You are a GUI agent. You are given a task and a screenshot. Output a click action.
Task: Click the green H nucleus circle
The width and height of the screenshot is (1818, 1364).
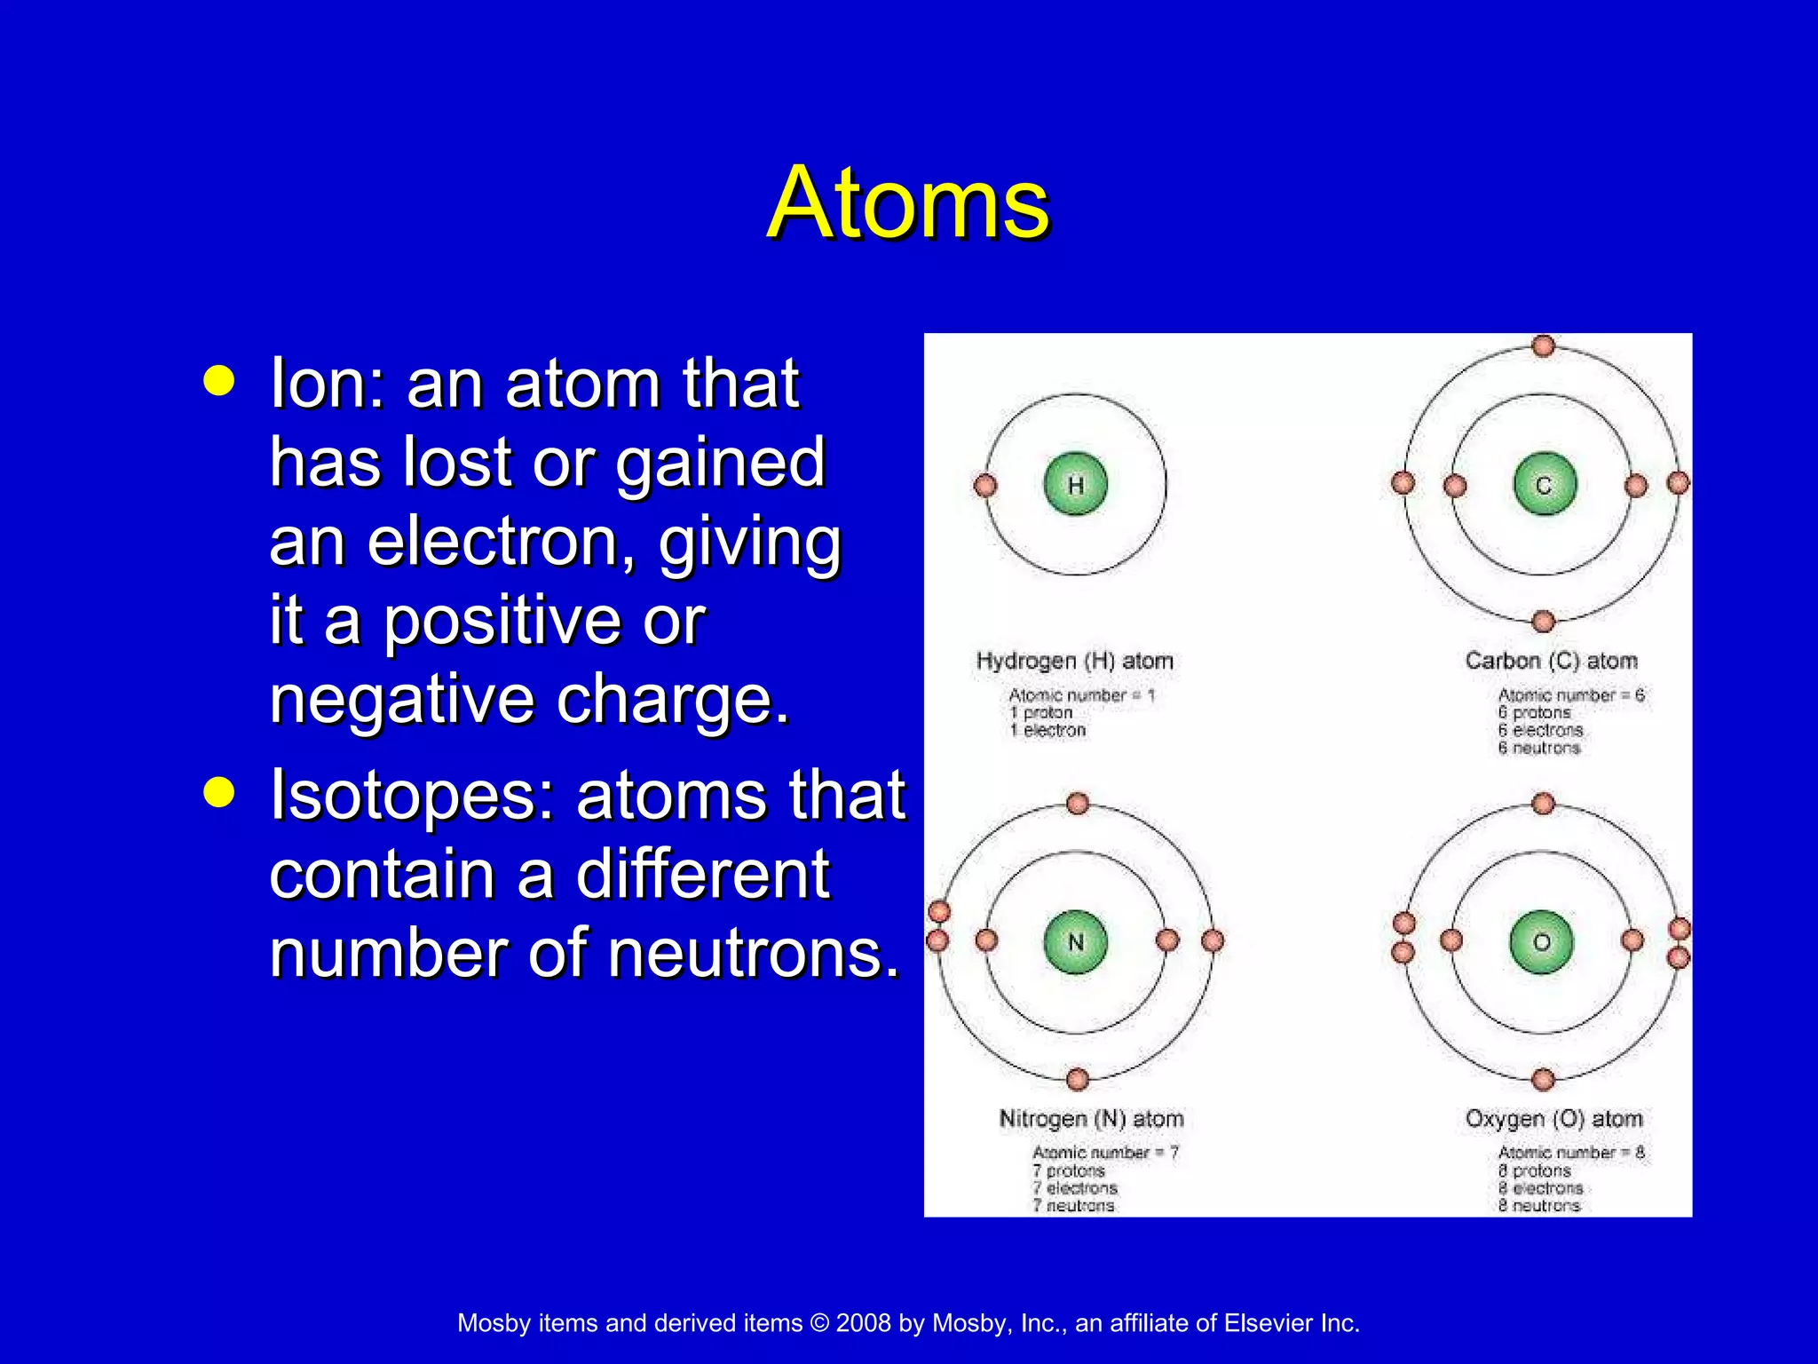coord(1075,485)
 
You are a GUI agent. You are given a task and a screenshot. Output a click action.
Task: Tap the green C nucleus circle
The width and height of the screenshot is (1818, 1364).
coord(1544,485)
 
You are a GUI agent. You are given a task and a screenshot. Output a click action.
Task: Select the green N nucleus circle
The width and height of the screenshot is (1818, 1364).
coord(1075,942)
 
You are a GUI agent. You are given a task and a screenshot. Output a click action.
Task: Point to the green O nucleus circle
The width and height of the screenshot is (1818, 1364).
coord(1542,942)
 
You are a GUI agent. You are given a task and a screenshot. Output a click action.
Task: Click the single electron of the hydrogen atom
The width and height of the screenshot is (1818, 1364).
coord(985,486)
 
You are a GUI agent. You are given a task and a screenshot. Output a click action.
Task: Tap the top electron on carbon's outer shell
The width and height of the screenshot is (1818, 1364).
coord(1544,345)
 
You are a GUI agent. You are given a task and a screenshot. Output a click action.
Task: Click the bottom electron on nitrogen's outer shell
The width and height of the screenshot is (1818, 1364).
coord(1078,1079)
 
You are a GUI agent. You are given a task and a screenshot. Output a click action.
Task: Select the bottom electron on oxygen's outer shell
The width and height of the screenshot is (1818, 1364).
coord(1544,1079)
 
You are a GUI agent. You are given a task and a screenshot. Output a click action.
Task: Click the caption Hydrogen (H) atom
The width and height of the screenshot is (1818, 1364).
coord(1074,661)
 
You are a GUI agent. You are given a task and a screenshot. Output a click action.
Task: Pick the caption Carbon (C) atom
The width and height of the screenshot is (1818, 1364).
coord(1551,661)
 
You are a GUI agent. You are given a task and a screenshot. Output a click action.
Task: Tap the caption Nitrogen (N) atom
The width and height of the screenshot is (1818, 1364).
coord(1091,1118)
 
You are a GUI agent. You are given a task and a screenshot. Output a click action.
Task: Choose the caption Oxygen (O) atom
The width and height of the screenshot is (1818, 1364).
coord(1553,1118)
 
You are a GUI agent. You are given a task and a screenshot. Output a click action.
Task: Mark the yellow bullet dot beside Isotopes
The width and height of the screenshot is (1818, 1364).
coord(219,791)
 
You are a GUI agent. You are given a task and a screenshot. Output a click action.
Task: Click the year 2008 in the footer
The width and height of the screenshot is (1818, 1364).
coord(863,1323)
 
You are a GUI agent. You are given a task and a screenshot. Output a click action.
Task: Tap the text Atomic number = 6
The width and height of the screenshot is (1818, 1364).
coord(1570,695)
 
